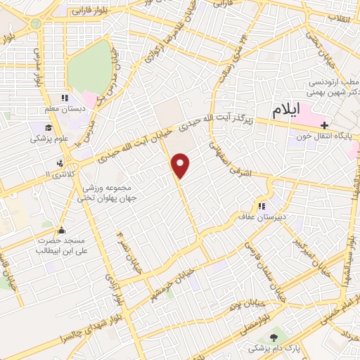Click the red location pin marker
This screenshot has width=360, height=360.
pos(181,165)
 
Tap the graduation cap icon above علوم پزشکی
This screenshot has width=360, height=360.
pos(47,127)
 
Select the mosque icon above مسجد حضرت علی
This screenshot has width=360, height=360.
pos(62,229)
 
